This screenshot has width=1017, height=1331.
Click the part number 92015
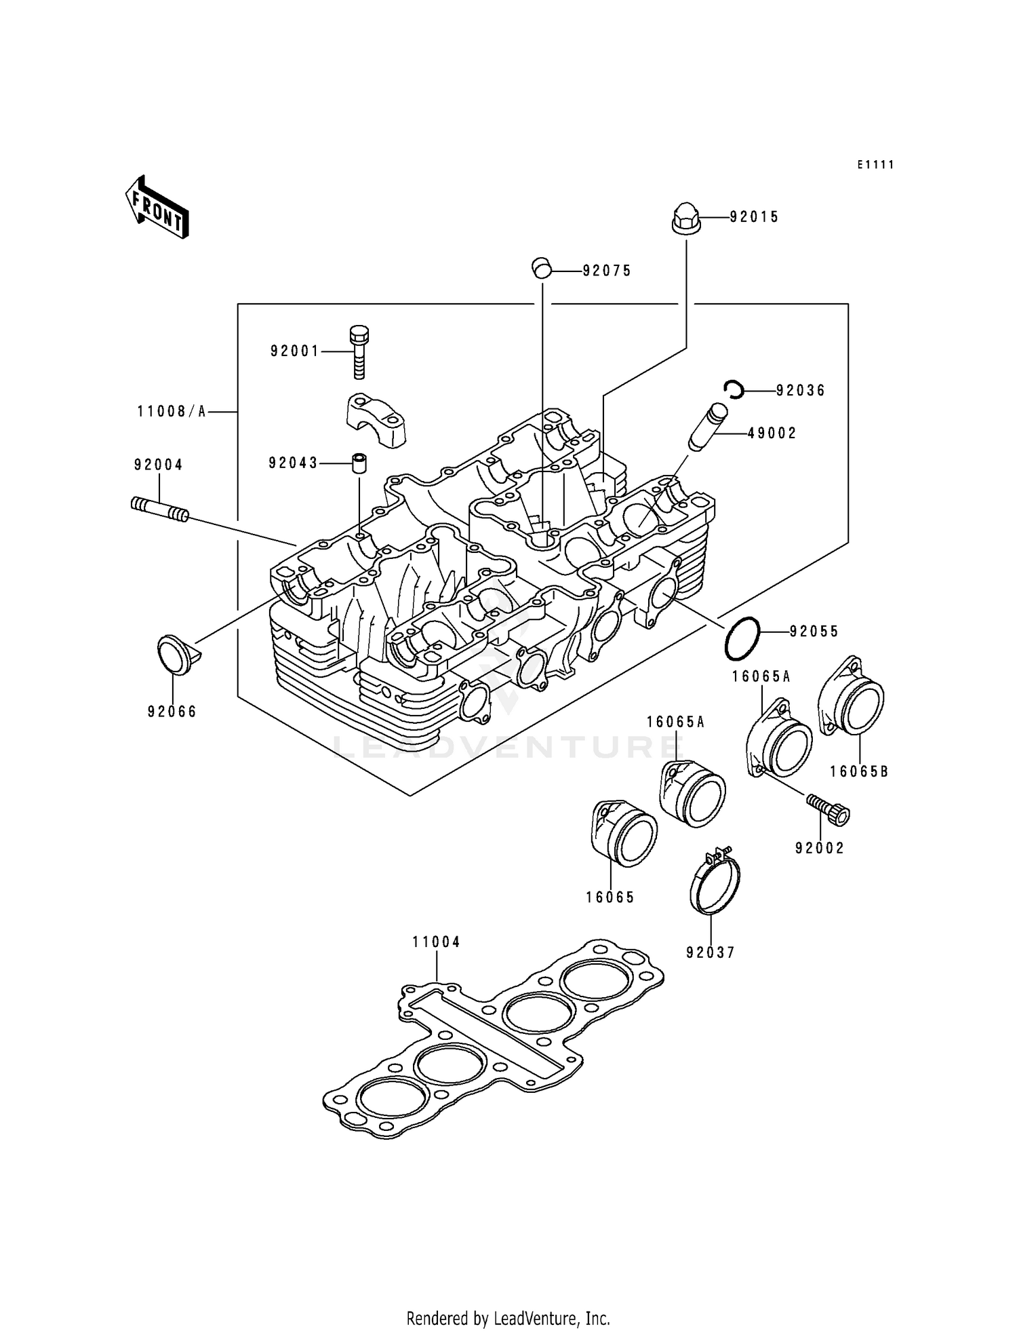tap(754, 217)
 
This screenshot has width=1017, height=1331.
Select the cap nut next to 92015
tap(684, 218)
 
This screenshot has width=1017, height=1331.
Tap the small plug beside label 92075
tap(541, 269)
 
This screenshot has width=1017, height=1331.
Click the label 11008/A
tap(172, 411)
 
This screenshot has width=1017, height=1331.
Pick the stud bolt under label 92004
tap(159, 511)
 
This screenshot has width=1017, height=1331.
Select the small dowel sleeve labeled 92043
tap(359, 464)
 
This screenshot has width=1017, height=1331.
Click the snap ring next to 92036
tap(734, 389)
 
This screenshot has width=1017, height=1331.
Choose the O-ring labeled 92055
tap(742, 638)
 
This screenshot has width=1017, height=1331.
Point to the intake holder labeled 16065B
tap(852, 695)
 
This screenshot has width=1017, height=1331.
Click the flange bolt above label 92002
tap(829, 809)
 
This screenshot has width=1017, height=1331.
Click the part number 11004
tap(436, 942)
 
